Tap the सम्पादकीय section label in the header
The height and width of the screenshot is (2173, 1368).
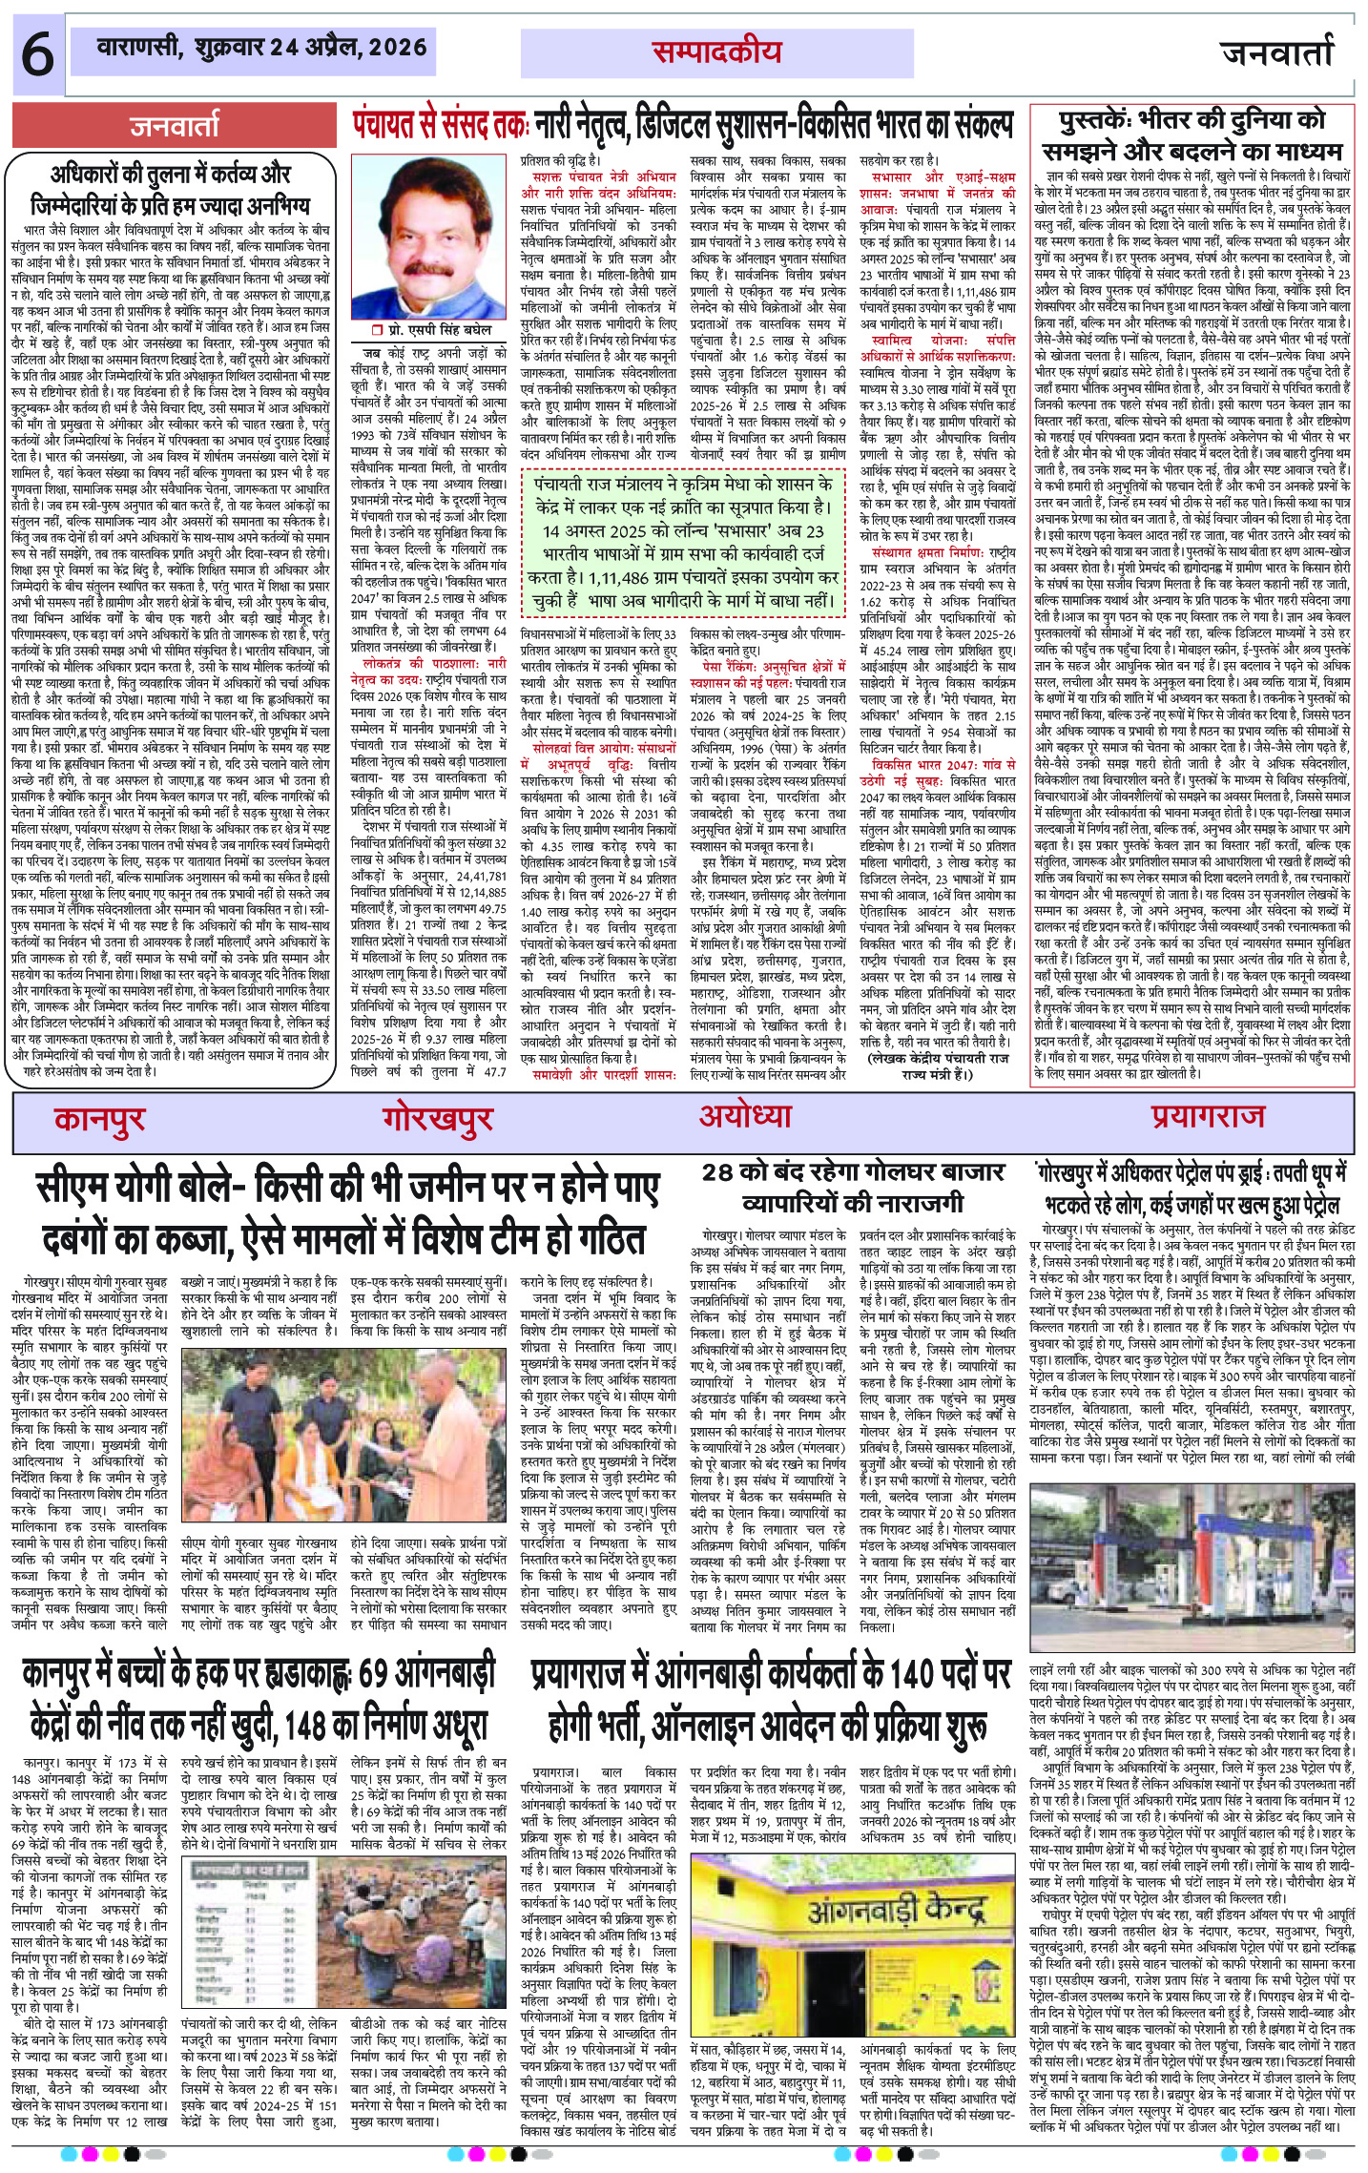[717, 52]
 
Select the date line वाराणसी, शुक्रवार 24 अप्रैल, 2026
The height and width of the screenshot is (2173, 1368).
[262, 48]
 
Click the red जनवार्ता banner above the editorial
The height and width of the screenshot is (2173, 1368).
[175, 126]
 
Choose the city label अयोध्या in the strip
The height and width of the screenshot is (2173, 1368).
[744, 1115]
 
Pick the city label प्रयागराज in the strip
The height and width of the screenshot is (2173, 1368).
[1207, 1115]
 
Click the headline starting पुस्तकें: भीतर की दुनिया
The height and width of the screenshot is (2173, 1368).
[1192, 136]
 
